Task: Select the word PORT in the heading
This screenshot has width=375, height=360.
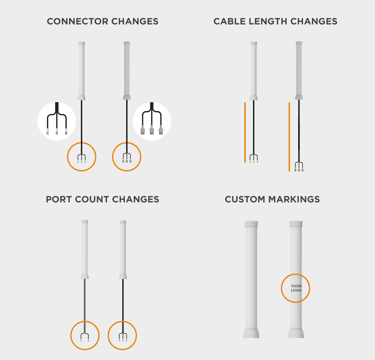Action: pos(59,199)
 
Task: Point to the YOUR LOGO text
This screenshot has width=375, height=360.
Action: pos(296,288)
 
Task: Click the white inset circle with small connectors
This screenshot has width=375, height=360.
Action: pos(57,121)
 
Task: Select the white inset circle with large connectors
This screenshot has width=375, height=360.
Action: pos(152,121)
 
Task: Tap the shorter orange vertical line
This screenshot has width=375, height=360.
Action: pos(245,132)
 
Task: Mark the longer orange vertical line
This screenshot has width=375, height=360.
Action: pos(289,137)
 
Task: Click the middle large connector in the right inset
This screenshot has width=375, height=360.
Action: pos(152,129)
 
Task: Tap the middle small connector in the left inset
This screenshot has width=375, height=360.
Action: pos(57,131)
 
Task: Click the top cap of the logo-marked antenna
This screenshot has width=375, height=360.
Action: pos(296,224)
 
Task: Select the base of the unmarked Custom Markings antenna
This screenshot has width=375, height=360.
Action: pos(251,333)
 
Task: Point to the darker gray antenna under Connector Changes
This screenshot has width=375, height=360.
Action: pos(127,71)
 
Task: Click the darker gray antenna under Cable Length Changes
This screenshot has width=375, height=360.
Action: pos(299,71)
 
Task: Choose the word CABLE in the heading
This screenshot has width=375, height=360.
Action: pos(230,21)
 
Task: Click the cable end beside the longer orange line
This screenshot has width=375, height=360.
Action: pos(299,167)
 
